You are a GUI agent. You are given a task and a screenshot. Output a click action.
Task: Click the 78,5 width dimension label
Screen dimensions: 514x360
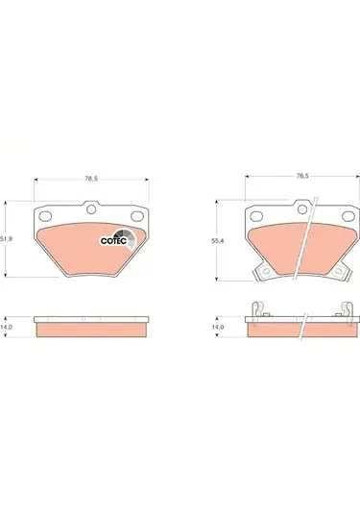coord(92,177)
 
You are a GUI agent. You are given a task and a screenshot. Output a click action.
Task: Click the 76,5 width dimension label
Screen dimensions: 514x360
coord(301,176)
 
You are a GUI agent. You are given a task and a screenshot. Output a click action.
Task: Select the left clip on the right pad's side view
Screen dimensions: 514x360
coord(256,309)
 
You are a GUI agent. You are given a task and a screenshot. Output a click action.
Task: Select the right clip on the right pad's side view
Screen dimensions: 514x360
coord(345,309)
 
